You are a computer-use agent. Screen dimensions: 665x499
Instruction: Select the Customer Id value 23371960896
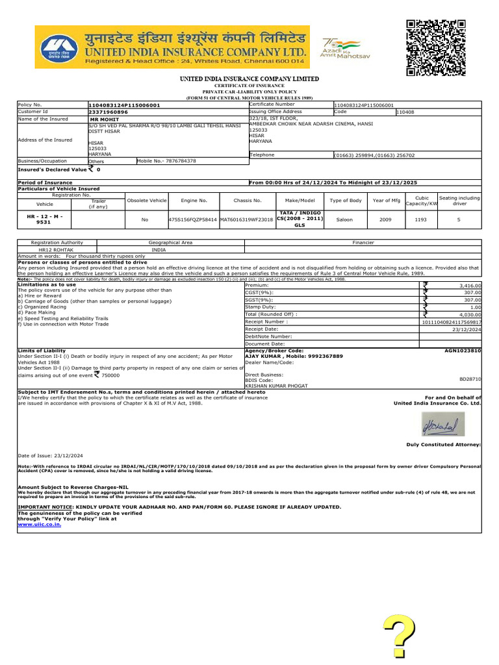pyautogui.click(x=109, y=112)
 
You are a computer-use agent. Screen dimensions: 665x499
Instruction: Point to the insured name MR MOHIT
pyautogui.click(x=103, y=120)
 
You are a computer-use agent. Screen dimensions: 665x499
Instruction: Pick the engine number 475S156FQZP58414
pyautogui.click(x=193, y=220)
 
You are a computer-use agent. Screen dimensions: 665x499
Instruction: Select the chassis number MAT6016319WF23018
pyautogui.click(x=247, y=220)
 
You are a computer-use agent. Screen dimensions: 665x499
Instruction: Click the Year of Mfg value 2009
pyautogui.click(x=385, y=220)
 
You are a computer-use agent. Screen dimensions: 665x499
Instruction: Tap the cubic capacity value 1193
pyautogui.click(x=422, y=220)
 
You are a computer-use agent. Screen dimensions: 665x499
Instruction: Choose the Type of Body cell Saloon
pyautogui.click(x=344, y=220)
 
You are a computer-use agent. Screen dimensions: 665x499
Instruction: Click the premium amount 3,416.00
pyautogui.click(x=470, y=285)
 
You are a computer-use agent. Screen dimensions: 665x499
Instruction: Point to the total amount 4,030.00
pyautogui.click(x=470, y=314)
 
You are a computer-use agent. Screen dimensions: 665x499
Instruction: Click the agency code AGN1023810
pyautogui.click(x=463, y=350)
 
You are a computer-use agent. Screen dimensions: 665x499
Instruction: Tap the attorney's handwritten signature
pyautogui.click(x=442, y=425)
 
